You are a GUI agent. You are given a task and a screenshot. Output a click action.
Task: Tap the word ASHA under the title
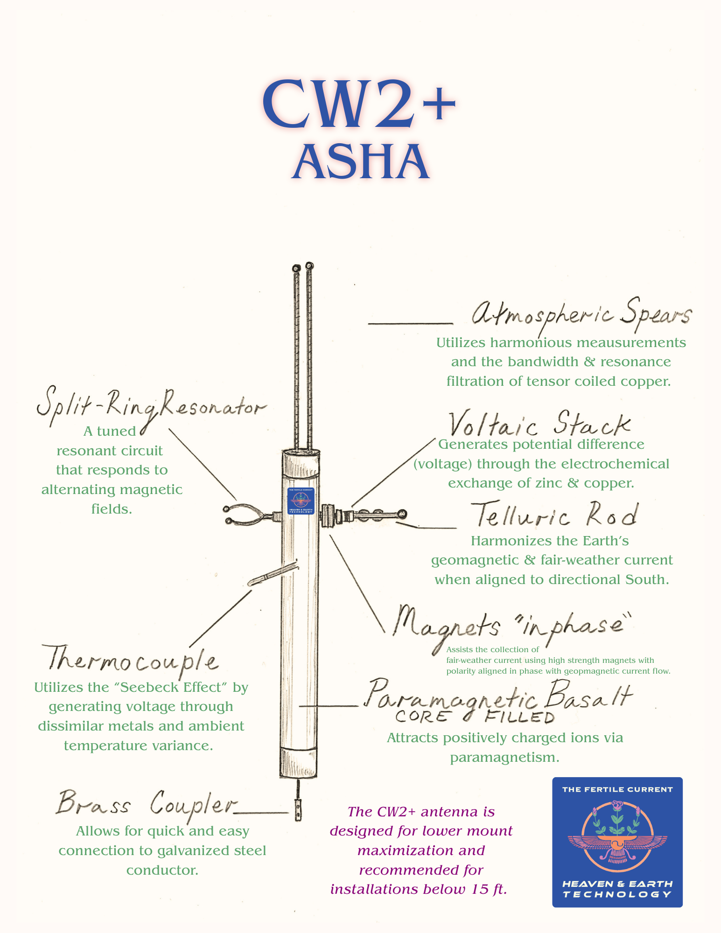point(361,162)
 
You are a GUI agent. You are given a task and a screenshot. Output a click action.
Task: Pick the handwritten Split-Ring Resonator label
point(151,407)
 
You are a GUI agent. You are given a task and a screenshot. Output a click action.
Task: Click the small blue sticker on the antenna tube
point(301,501)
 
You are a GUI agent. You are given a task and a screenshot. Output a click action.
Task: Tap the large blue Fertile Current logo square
point(617,842)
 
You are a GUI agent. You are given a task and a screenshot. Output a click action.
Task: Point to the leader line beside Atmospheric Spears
point(411,323)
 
